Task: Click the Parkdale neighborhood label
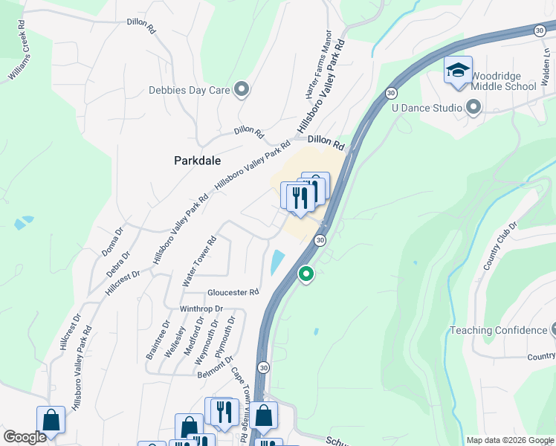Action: (x=197, y=160)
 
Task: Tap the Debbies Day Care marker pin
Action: (x=241, y=90)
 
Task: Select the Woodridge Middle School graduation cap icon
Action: (x=458, y=71)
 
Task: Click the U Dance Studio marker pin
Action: (x=473, y=109)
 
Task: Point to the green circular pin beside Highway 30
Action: (x=306, y=275)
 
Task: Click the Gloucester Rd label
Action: (x=233, y=292)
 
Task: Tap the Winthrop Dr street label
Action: (x=201, y=308)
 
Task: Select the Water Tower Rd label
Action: (x=199, y=262)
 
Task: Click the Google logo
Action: (x=25, y=437)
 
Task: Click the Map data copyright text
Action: (x=510, y=440)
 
